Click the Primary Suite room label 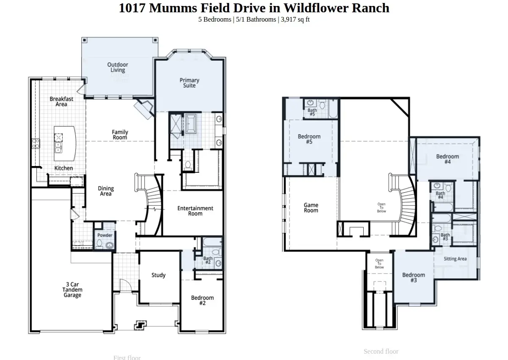pyautogui.click(x=189, y=83)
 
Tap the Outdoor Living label pyautogui.click(x=118, y=67)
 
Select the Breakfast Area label pyautogui.click(x=61, y=101)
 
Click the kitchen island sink pyautogui.click(x=58, y=147)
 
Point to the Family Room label pyautogui.click(x=120, y=135)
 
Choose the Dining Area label pyautogui.click(x=106, y=191)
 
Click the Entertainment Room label pyautogui.click(x=195, y=211)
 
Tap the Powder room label pyautogui.click(x=105, y=235)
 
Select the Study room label pyautogui.click(x=159, y=275)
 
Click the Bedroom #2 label pyautogui.click(x=202, y=300)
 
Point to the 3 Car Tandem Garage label pyautogui.click(x=72, y=290)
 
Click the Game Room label pyautogui.click(x=311, y=208)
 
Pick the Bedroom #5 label pyautogui.click(x=309, y=139)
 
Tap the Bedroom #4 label pyautogui.click(x=447, y=159)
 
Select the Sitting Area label pyautogui.click(x=456, y=259)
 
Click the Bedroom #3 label pyautogui.click(x=414, y=277)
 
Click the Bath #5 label pyautogui.click(x=312, y=112)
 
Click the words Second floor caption pyautogui.click(x=381, y=351)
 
